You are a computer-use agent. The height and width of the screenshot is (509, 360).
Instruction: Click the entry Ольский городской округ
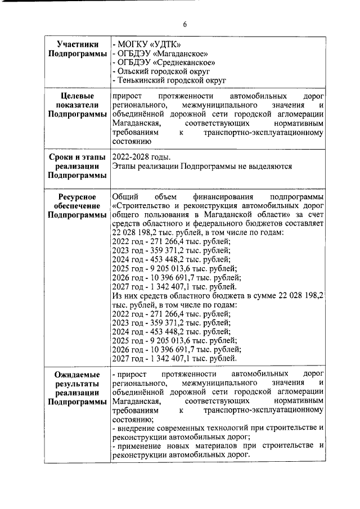[x=163, y=72]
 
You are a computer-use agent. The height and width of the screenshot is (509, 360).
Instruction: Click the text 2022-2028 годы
[x=141, y=156]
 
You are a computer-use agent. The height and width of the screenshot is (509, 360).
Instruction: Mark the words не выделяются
[x=266, y=166]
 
